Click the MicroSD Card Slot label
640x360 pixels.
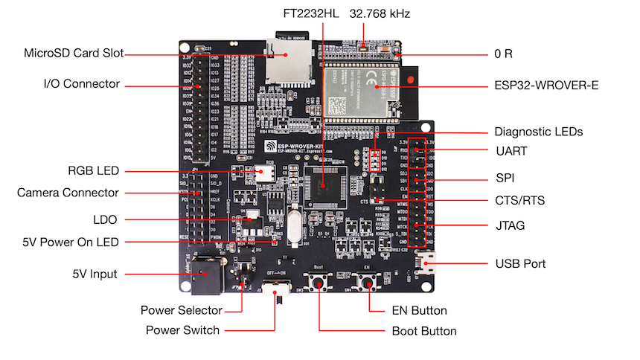point(74,53)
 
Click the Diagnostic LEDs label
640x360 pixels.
point(539,132)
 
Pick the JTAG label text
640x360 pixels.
point(510,225)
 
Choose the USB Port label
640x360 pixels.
point(521,264)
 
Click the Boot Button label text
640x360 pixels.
point(424,331)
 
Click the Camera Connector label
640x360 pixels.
point(68,193)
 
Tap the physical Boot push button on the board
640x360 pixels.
point(320,282)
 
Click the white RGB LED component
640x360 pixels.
point(263,173)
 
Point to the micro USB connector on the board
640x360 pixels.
point(428,263)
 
